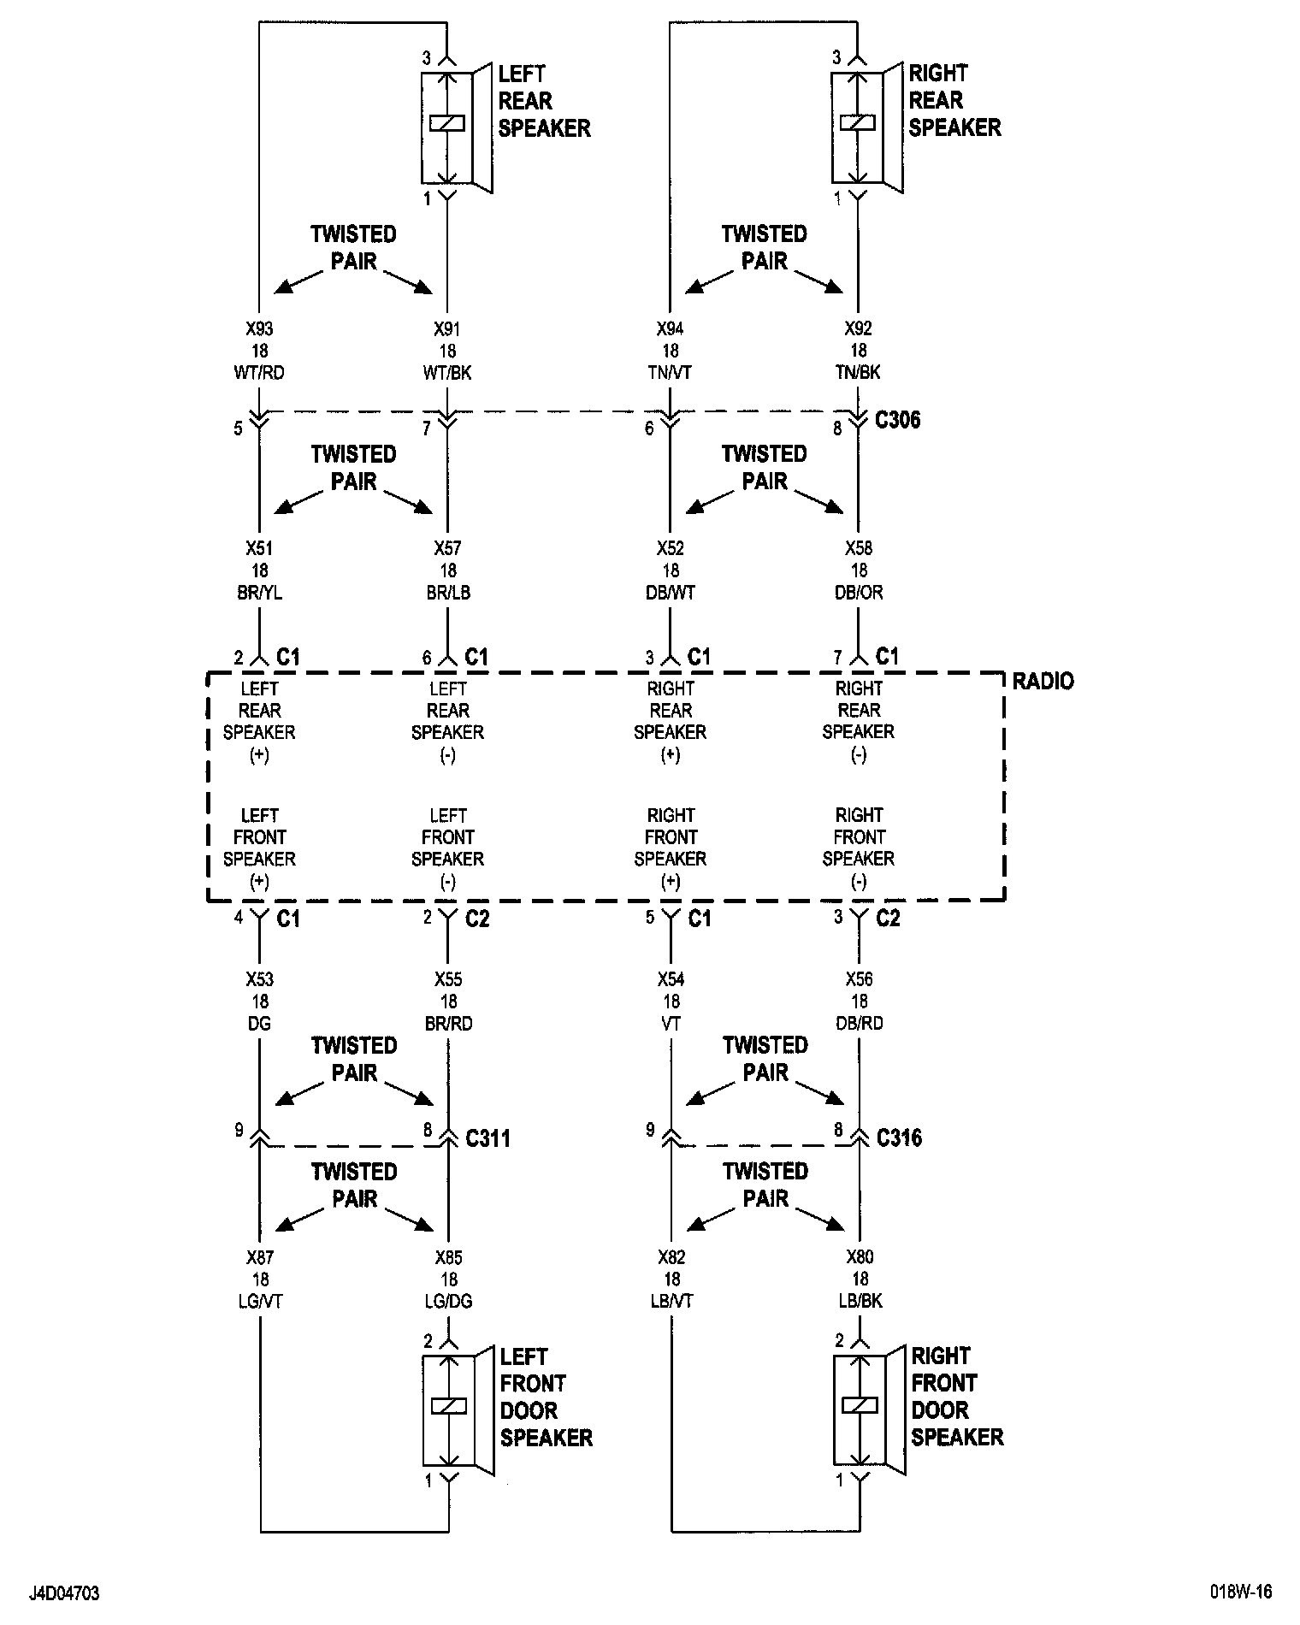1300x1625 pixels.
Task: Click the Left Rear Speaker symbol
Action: [x=455, y=127]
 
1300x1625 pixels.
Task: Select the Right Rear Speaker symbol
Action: [x=866, y=127]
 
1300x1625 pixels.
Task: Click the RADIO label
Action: [x=1043, y=682]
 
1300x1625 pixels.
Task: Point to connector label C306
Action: [x=898, y=420]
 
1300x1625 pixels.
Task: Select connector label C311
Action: [x=487, y=1138]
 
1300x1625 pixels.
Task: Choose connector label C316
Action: [x=899, y=1137]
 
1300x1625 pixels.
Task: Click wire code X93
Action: [x=259, y=328]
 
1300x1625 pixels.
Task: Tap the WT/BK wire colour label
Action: [x=447, y=373]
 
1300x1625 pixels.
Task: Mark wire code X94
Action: [x=671, y=328]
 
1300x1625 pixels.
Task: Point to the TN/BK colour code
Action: [x=859, y=373]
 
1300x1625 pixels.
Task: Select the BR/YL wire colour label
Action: [x=259, y=593]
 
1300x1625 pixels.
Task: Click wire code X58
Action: [x=859, y=548]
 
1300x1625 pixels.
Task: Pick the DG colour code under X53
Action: [x=259, y=1024]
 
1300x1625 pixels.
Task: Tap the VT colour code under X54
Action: [x=671, y=1024]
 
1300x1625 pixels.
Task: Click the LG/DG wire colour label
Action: [x=448, y=1302]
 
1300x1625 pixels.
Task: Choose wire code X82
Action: [x=671, y=1257]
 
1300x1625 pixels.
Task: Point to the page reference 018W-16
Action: [x=1241, y=1592]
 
